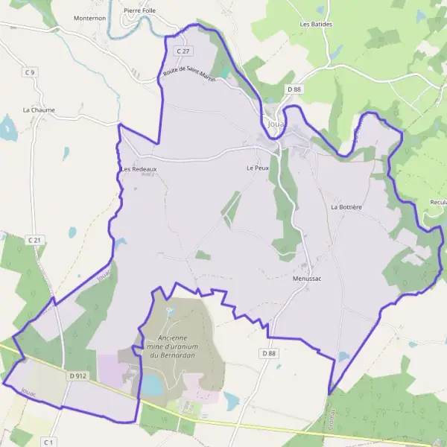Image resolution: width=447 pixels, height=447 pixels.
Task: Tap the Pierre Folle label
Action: [x=140, y=11]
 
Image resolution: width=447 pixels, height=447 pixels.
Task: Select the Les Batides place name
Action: [x=316, y=24]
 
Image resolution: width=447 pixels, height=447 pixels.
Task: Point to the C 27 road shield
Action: [x=183, y=51]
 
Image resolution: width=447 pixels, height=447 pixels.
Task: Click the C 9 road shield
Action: [x=30, y=72]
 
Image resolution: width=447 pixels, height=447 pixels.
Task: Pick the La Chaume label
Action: [x=39, y=110]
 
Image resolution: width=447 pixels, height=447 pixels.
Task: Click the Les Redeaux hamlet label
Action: [x=139, y=169]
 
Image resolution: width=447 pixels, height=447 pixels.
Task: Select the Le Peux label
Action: [x=257, y=168]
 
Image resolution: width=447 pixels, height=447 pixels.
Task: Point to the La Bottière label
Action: [x=346, y=207]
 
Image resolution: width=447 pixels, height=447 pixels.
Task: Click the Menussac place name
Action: [x=307, y=279]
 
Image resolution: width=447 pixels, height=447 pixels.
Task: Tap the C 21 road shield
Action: [x=35, y=240]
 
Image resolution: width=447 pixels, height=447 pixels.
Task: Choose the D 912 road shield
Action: [x=78, y=376]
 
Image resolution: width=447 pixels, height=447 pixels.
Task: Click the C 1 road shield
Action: [x=49, y=442]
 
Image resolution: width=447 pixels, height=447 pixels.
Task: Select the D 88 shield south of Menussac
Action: [x=269, y=352]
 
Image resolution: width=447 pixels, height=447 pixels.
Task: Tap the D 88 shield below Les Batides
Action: [x=294, y=89]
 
